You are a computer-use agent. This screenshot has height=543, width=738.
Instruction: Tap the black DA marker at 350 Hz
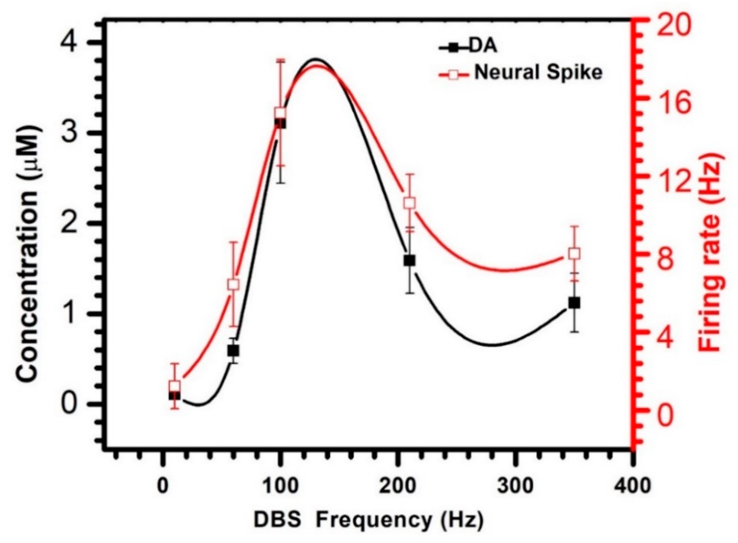click(x=574, y=302)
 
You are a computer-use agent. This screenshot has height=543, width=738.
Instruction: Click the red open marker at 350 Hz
click(x=574, y=253)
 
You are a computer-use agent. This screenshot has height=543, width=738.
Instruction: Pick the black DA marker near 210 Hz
click(x=410, y=260)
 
